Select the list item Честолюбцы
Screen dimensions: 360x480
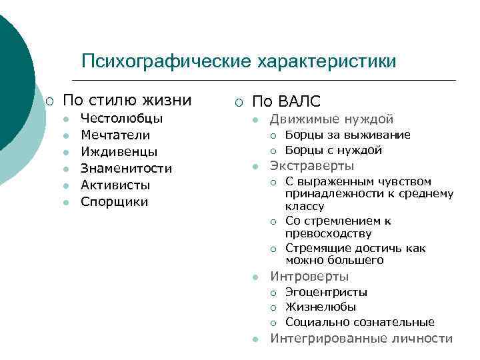pos(122,119)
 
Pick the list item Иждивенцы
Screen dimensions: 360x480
pos(119,152)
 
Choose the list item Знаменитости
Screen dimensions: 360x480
pos(126,169)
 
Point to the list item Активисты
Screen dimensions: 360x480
pos(115,185)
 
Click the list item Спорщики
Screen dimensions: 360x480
pos(115,201)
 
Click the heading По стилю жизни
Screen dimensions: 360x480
pos(127,101)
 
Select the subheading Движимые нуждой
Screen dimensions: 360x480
pos(331,119)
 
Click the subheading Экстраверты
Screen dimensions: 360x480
pos(312,166)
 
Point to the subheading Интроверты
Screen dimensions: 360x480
pos(309,276)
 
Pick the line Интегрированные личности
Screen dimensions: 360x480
pos(361,338)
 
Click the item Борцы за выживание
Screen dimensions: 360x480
pos(348,135)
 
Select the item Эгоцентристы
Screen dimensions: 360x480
pos(326,292)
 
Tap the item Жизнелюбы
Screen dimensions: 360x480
pos(321,307)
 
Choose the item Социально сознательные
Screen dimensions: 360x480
pos(360,322)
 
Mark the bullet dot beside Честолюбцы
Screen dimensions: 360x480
pos(66,119)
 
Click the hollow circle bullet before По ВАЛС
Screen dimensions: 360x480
pos(239,102)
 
